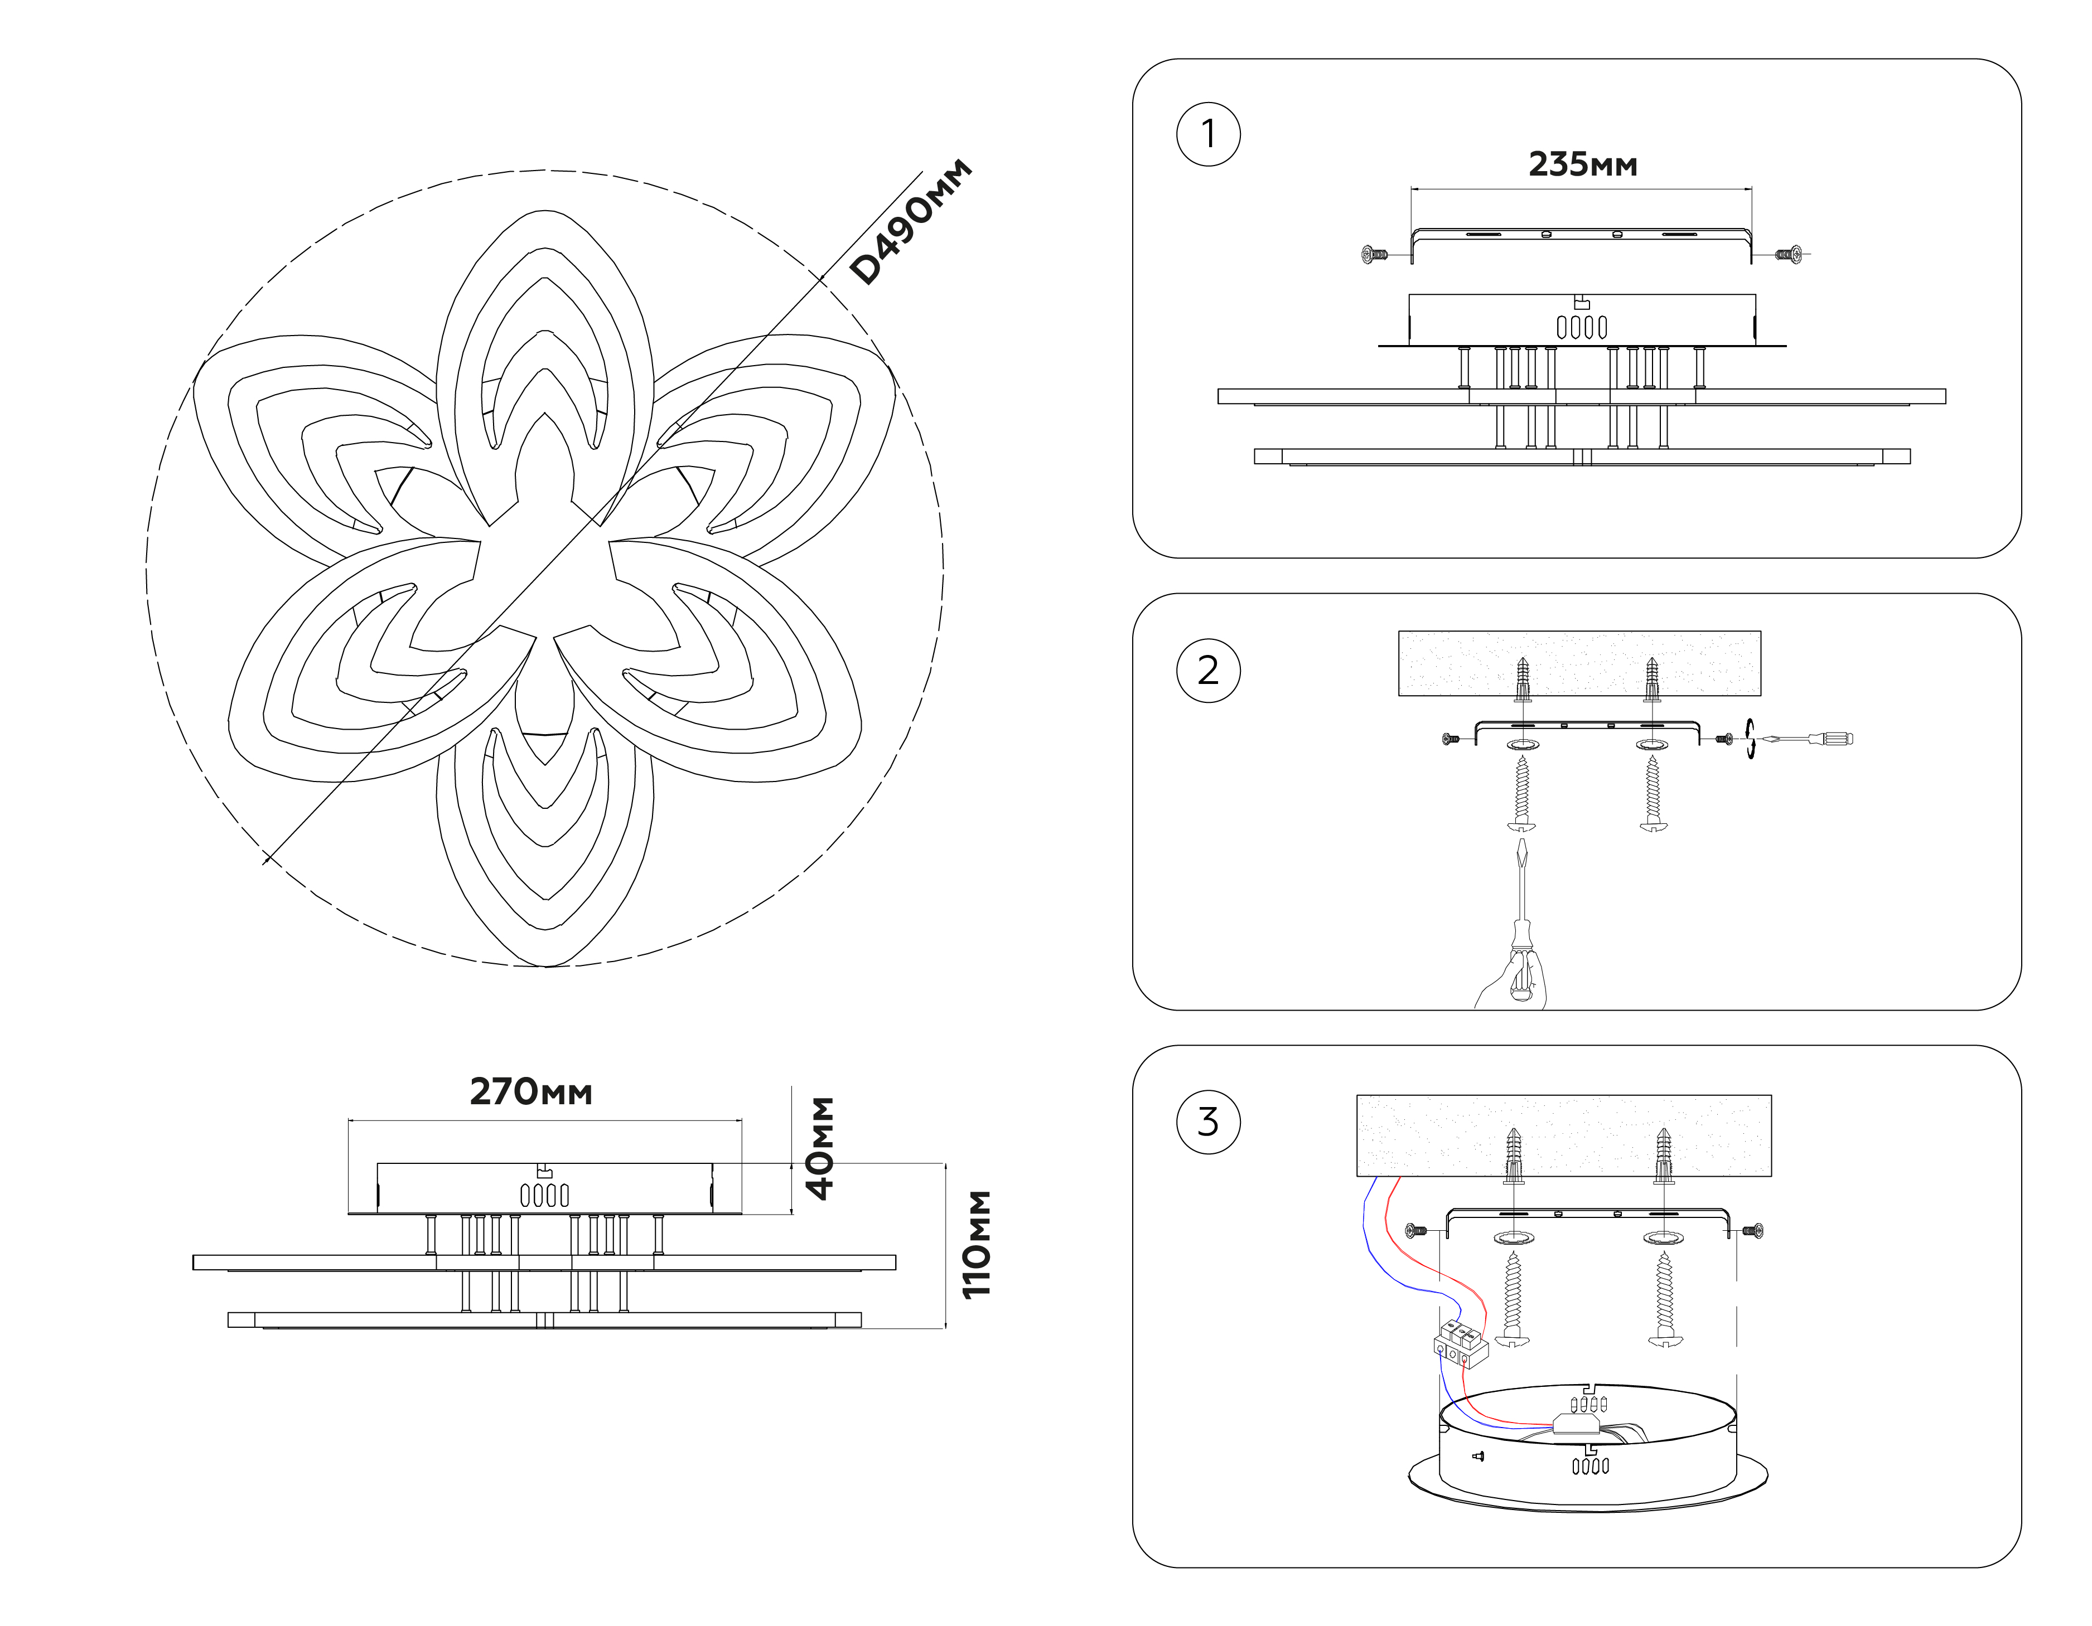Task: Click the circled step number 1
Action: tap(1208, 134)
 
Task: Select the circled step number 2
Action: tap(1208, 671)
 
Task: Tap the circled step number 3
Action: tap(1208, 1122)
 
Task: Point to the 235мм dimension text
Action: tap(1582, 164)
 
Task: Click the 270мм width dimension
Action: tap(530, 1091)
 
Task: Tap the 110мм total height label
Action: tap(977, 1244)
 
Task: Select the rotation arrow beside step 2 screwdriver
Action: tap(1750, 739)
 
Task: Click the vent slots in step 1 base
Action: tap(1582, 328)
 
